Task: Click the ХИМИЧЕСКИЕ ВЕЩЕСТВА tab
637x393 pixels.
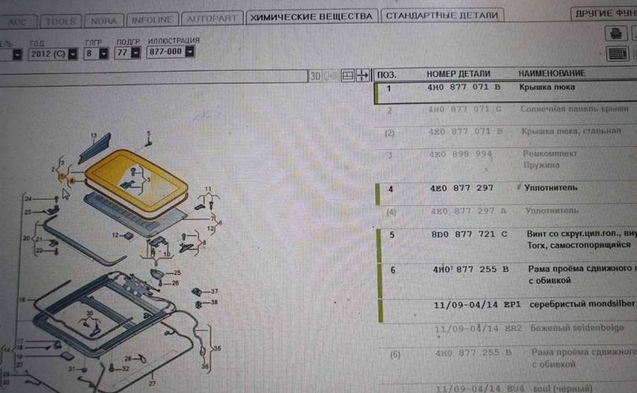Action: tap(311, 16)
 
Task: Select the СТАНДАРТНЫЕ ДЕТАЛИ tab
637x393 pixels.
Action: tap(443, 16)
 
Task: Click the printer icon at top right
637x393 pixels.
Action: tap(617, 33)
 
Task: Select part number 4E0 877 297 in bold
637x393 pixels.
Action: tap(462, 189)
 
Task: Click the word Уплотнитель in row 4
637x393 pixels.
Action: tap(550, 189)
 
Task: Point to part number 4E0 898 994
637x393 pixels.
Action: tap(461, 153)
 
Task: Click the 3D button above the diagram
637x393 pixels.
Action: tap(315, 75)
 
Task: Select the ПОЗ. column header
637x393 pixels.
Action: tap(387, 74)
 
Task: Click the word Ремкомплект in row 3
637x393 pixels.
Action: tap(550, 153)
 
